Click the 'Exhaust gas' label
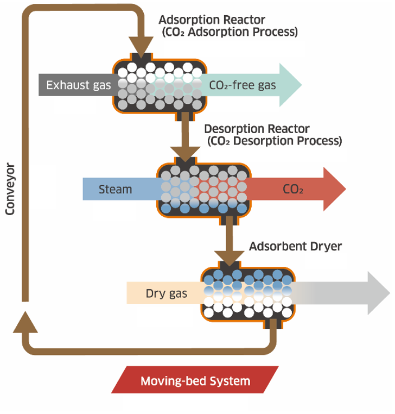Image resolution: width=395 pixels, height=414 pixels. click(x=78, y=85)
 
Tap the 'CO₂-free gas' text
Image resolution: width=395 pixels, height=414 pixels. click(x=242, y=85)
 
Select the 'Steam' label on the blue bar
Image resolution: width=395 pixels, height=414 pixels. click(x=115, y=190)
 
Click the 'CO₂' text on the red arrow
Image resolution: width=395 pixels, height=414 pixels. click(x=293, y=190)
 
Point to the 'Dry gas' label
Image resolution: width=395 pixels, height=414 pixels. click(x=166, y=294)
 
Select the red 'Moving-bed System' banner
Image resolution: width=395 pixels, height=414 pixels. click(x=195, y=380)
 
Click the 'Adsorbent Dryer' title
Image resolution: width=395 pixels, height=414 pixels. click(x=295, y=247)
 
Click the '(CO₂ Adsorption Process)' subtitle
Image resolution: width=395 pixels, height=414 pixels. click(x=230, y=32)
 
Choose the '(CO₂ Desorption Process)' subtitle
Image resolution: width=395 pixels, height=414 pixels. click(x=275, y=141)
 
